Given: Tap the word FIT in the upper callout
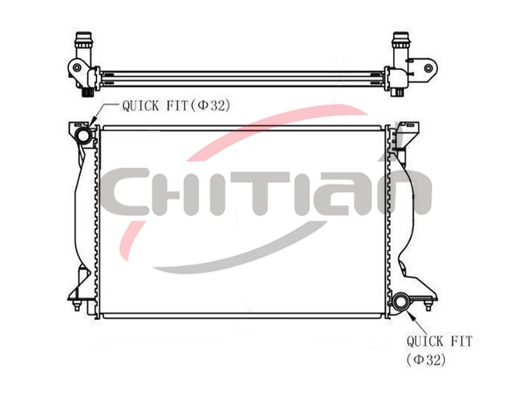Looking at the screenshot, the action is click(x=176, y=106).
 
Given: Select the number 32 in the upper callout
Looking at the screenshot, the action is click(x=217, y=106).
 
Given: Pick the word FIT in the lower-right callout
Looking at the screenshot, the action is click(x=461, y=342).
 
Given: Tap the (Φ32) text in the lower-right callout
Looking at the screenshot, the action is click(x=426, y=360).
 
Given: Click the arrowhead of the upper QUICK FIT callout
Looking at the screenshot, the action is click(x=93, y=121).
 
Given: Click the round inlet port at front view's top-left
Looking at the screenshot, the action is click(x=83, y=135).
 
